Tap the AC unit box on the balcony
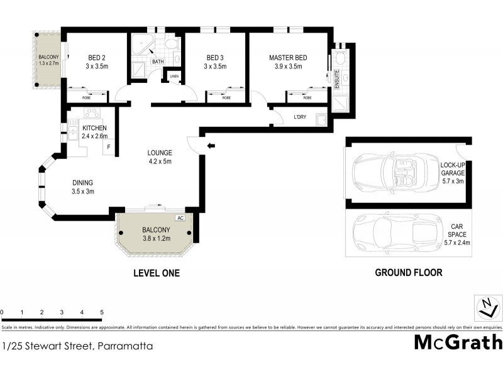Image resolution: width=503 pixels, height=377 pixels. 180,218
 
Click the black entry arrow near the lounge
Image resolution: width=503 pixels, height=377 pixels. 211,146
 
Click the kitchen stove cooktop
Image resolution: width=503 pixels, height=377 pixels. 92,114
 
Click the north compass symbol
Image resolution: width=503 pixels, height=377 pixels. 485,308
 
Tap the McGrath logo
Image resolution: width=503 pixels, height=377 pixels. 458,342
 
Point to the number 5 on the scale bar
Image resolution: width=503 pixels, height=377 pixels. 102,312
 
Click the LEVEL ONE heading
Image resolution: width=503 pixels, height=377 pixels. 157,273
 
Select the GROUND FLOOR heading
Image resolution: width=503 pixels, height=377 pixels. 408,273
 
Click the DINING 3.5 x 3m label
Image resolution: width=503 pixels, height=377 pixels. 82,187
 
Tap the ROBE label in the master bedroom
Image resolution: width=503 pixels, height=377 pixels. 307,97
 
